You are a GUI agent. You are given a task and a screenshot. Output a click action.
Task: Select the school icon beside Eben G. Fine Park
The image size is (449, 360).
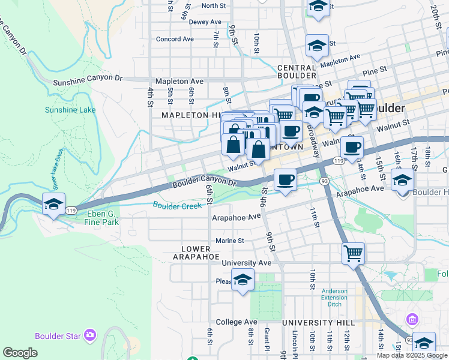point(53,204)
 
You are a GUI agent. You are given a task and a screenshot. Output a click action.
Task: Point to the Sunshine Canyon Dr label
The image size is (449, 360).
point(87,79)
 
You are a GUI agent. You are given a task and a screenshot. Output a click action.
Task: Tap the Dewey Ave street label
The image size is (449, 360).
point(205,22)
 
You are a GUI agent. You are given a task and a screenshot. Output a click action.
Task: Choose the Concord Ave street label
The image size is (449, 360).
point(175,39)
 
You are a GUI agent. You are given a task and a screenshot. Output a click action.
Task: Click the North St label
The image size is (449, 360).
point(213,5)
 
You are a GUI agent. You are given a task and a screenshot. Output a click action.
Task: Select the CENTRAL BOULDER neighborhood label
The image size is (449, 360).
point(297,72)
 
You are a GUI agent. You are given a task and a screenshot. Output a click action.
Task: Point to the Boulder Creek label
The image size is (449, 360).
point(177,206)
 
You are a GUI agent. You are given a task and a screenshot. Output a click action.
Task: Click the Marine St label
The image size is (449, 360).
point(229,241)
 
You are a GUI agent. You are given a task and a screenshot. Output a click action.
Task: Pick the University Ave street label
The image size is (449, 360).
point(246,263)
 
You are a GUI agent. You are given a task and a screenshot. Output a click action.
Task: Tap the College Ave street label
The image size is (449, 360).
point(237,322)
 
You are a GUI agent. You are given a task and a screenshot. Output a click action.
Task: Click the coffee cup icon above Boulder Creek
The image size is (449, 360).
point(286,179)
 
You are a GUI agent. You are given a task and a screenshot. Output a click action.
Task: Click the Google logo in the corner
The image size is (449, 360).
point(20,352)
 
